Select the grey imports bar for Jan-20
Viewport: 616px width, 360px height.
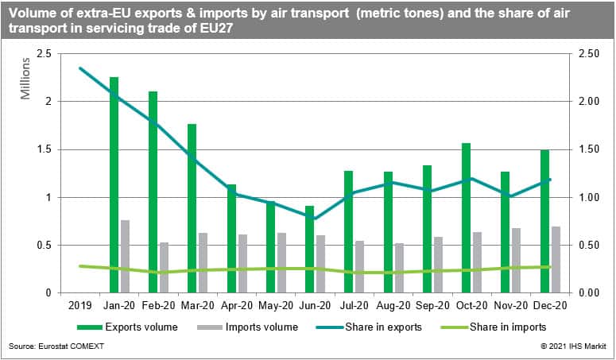[x=126, y=256]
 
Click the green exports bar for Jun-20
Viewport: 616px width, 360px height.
[x=309, y=249]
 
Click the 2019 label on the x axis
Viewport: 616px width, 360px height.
[x=81, y=304]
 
